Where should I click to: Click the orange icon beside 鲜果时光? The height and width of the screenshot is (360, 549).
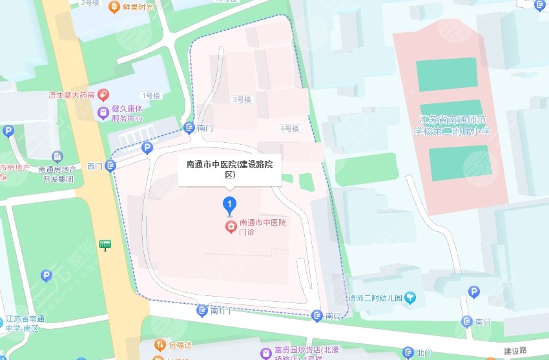coord(114,7)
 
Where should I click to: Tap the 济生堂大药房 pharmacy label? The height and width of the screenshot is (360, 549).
coord(71,95)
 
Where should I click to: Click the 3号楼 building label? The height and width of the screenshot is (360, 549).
coord(241,100)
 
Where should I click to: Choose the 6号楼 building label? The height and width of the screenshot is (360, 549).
coord(290,129)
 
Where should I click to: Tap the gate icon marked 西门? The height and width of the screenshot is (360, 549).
coord(111,166)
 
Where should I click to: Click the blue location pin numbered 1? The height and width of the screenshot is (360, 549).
coord(229,205)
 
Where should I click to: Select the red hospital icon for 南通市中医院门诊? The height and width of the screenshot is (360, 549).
coord(229,227)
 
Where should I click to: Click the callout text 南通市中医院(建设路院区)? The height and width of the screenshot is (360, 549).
coord(229,169)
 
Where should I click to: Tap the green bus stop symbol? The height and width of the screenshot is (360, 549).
coord(105,245)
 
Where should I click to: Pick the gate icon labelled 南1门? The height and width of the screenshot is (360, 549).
coord(202,311)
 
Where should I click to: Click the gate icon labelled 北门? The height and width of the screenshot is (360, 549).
coord(408,353)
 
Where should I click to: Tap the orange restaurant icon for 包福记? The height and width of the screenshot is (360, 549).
coord(160,345)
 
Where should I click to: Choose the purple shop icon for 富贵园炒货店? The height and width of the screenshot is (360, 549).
coord(265,353)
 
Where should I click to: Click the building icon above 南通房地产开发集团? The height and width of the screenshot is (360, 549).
coord(57,156)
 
